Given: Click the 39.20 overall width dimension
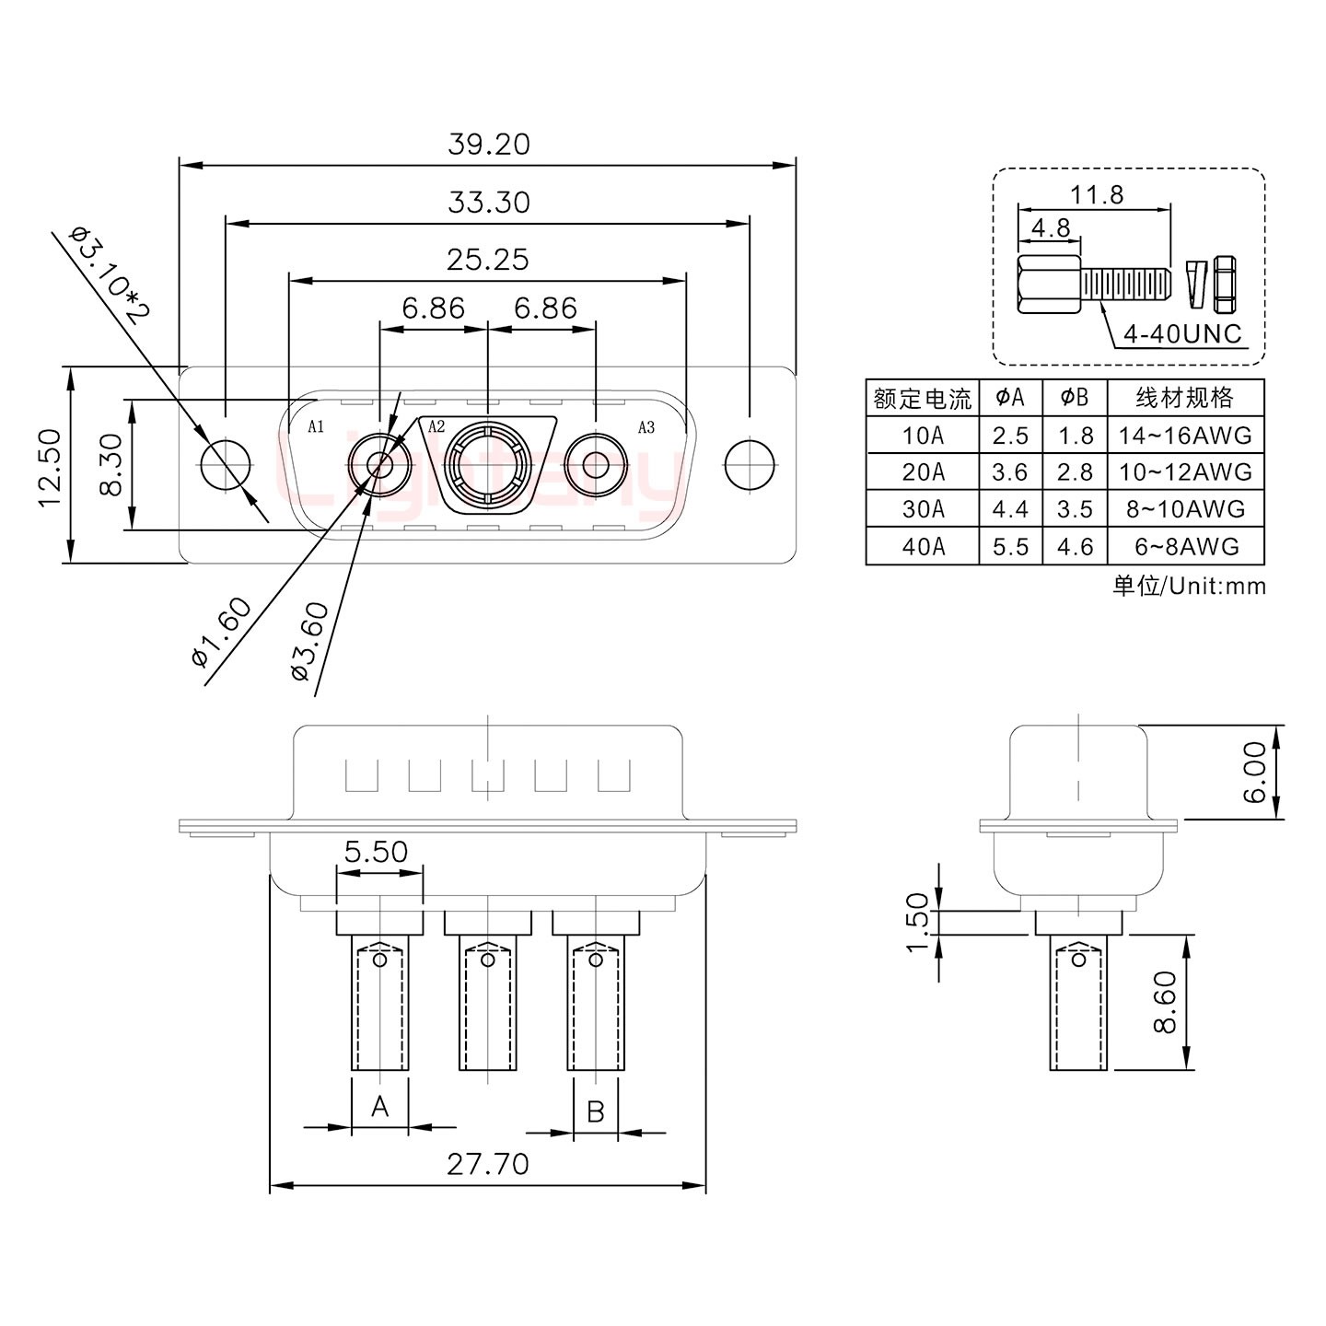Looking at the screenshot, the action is coord(489,145).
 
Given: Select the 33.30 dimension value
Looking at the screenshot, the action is coord(489,203).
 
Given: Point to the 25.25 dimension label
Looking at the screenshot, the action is coord(487,260).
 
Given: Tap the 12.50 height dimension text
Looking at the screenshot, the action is coord(51,468).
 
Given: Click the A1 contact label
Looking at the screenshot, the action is coord(316,426).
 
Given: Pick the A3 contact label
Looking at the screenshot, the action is coord(646,427).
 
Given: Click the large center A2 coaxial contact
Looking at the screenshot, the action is coord(487,465).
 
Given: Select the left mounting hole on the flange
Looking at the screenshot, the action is coord(225,465).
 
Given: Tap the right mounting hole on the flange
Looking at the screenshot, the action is coord(750,465).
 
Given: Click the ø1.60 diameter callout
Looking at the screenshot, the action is coord(222,633).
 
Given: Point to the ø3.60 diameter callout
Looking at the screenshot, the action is coord(310,641).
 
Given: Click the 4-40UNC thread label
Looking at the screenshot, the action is coord(1182,333).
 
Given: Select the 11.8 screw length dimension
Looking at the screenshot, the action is coord(1097,194).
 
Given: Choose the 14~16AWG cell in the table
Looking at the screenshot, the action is coord(1185,436).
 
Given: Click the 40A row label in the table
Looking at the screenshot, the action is coord(923,546).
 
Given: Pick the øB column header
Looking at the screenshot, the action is coord(1074,397).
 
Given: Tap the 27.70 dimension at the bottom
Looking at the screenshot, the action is coord(488,1164).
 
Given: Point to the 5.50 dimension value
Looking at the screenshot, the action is coord(376,852).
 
